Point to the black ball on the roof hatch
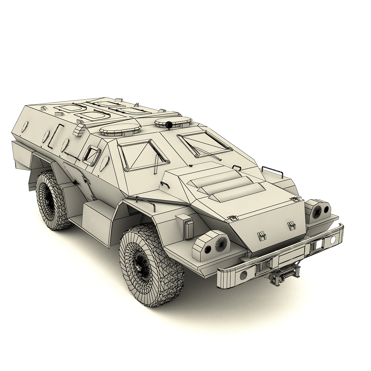pos(169,125)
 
